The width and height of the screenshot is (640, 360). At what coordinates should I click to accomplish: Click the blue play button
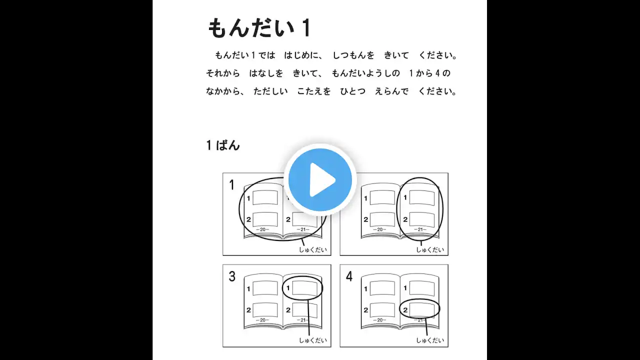[x=320, y=180]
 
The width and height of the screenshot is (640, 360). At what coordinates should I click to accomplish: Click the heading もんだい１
[x=259, y=28]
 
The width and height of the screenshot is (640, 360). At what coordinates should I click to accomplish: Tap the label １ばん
[x=223, y=145]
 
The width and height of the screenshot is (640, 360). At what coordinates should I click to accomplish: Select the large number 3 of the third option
[x=232, y=276]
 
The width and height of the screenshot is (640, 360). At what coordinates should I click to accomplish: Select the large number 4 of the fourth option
[x=349, y=276]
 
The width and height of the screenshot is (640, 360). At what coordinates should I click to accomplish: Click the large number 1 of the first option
[x=231, y=185]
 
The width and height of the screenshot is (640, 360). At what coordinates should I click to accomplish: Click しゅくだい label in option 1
[x=313, y=249]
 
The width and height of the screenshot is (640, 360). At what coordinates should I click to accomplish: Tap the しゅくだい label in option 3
[x=313, y=340]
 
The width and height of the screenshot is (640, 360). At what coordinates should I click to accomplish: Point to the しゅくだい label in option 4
[x=430, y=340]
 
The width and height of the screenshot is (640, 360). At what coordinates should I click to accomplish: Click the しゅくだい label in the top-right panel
[x=430, y=249]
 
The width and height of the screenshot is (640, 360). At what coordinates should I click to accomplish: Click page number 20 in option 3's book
[x=262, y=320]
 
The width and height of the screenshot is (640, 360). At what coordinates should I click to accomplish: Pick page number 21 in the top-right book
[x=420, y=229]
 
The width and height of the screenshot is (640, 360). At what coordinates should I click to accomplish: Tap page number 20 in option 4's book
[x=379, y=320]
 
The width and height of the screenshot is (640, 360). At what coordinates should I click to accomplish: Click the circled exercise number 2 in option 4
[x=405, y=310]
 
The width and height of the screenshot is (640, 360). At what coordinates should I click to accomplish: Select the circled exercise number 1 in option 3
[x=288, y=288]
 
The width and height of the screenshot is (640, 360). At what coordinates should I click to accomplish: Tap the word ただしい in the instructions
[x=270, y=91]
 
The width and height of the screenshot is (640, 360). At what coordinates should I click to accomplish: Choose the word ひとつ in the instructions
[x=352, y=91]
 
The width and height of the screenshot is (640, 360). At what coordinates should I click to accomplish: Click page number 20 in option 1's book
[x=262, y=229]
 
